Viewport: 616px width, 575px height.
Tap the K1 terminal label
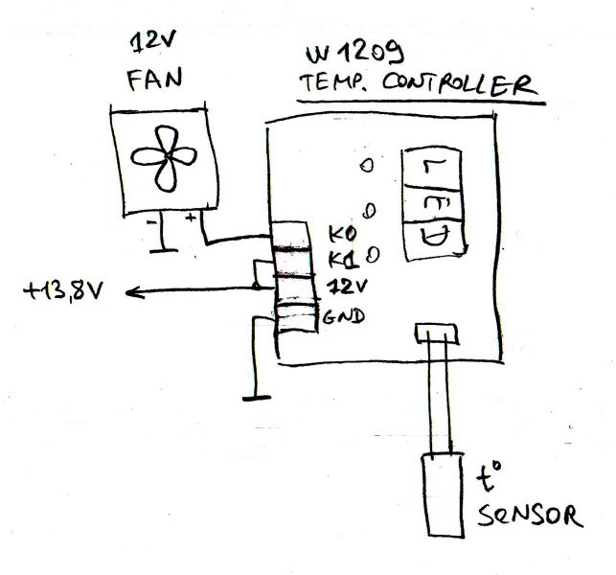click(x=342, y=260)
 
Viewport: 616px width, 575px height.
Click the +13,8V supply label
click(x=67, y=288)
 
